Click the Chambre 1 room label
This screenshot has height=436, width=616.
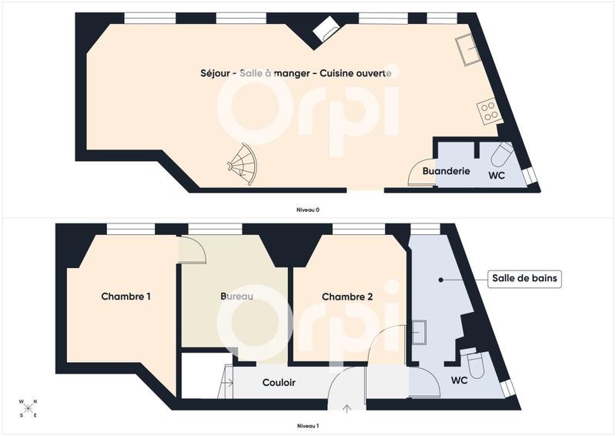[x=126, y=296]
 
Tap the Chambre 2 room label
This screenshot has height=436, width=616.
[x=347, y=297]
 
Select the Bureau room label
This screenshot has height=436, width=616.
[x=237, y=296]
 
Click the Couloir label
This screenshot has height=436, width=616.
[x=279, y=382]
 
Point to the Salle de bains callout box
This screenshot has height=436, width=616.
[x=525, y=279]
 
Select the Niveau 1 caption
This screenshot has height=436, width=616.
[x=307, y=425]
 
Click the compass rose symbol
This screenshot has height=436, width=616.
[x=28, y=408]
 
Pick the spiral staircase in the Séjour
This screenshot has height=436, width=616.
[x=245, y=163]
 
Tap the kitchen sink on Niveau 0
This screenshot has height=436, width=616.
[x=467, y=50]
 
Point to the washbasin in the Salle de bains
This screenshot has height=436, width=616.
[x=420, y=332]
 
